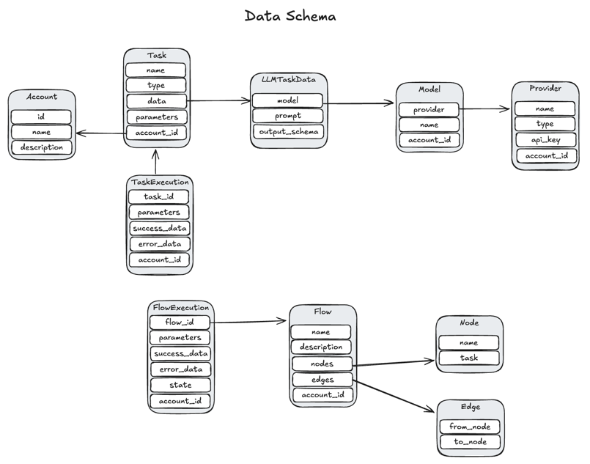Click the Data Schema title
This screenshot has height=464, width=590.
pos(291,15)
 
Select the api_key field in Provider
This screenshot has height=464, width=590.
pos(545,140)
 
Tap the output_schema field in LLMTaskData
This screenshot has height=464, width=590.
pos(287,131)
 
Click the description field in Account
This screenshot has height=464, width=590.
pos(41,147)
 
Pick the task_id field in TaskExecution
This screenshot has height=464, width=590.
pos(158,196)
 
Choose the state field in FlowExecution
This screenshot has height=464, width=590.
pos(180,385)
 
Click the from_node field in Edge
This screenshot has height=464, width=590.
pos(470,427)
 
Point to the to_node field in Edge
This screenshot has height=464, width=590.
pos(470,442)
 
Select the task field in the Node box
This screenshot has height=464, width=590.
pos(469,358)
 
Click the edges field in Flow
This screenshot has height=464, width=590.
pos(322,380)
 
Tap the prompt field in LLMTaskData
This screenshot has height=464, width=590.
pos(287,116)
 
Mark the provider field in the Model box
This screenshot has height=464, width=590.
pos(429,109)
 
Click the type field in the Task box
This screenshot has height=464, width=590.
pos(156,86)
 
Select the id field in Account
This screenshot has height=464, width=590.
pos(41,117)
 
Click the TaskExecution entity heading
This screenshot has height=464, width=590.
pos(159,182)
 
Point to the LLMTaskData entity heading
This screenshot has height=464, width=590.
pos(288,78)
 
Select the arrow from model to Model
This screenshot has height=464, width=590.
pos(358,103)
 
